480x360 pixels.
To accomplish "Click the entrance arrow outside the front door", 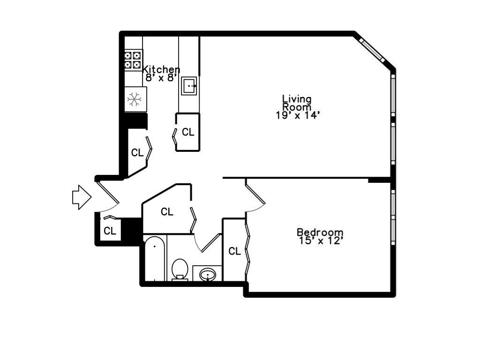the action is tap(82, 197).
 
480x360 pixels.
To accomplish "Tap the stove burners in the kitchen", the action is tap(133, 60).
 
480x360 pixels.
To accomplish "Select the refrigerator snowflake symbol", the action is tap(134, 99).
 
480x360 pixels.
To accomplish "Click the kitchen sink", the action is tap(189, 86).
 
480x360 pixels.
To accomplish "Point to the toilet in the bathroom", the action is tap(180, 270).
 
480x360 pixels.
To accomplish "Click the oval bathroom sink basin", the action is tap(208, 274).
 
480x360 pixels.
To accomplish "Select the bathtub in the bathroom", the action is tap(155, 258).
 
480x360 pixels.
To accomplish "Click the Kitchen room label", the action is tap(161, 69).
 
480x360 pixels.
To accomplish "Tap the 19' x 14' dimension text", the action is tap(298, 115).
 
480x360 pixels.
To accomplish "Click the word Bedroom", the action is tap(320, 232).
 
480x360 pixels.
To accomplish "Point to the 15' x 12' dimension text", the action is tap(320, 240).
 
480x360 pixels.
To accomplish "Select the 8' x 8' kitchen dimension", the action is tap(161, 78).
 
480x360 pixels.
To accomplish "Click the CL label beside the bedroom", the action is tap(235, 251).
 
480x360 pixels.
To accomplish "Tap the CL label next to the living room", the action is tap(188, 132).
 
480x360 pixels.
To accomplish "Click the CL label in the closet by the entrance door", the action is tap(110, 231).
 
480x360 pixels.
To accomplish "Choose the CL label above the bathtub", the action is tap(167, 211).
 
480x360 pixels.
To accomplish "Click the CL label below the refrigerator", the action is tap(137, 152).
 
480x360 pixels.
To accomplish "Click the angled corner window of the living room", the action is tap(372, 50).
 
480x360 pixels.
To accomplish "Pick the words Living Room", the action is tap(297, 103).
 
